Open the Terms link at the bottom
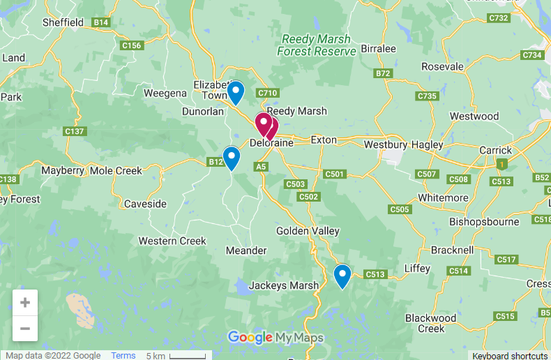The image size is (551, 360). tap(123, 355)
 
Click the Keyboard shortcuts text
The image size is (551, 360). tap(511, 356)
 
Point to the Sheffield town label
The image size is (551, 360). tap(63, 22)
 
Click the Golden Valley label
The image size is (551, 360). tap(308, 231)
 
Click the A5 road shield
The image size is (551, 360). tap(261, 167)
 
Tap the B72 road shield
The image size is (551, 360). tap(383, 73)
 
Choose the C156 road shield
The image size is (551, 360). tap(131, 46)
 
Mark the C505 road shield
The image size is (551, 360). tap(400, 209)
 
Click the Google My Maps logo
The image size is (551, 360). tap(275, 338)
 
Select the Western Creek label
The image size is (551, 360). tap(172, 241)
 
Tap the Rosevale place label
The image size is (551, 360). tap(442, 67)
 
